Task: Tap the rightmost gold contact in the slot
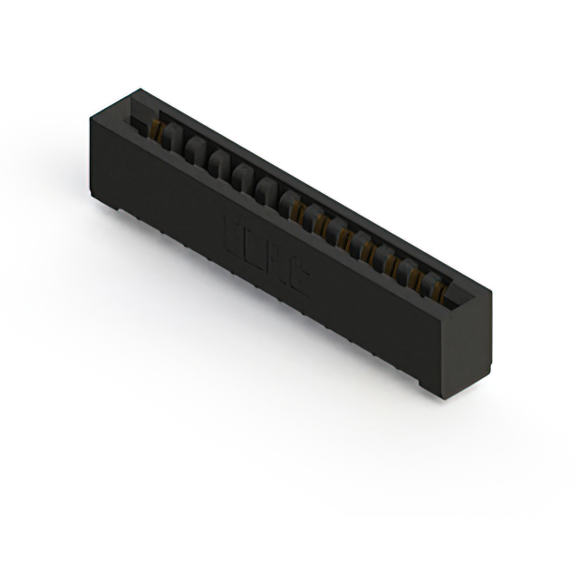point(436,289)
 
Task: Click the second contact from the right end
point(415,277)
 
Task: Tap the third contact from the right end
point(394,266)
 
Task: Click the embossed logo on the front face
point(267,257)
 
